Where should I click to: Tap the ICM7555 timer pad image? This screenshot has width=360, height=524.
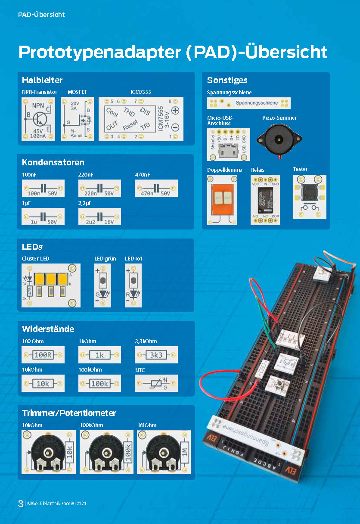point(141,119)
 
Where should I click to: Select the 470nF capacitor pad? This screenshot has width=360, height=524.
point(156,188)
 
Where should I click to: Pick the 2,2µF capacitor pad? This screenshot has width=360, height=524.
point(99,217)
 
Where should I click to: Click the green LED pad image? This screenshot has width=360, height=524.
point(102,285)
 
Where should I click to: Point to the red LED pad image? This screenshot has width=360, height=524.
point(133,285)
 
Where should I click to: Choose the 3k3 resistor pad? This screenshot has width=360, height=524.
point(156,355)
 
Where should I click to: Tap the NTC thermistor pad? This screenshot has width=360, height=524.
point(156,383)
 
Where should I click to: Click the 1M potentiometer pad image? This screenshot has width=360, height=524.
point(164,452)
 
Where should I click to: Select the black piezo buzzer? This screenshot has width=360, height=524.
point(279,139)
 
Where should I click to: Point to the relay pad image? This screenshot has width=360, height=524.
point(265,200)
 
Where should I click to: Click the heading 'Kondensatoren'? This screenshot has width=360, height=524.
point(53,162)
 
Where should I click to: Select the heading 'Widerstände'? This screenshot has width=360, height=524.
point(48,329)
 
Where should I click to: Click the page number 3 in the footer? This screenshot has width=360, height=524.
point(20,503)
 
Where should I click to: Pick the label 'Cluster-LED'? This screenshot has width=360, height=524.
point(35,258)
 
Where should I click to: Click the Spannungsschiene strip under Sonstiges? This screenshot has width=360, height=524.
point(248,103)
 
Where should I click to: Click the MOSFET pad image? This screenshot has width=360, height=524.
point(78,119)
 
